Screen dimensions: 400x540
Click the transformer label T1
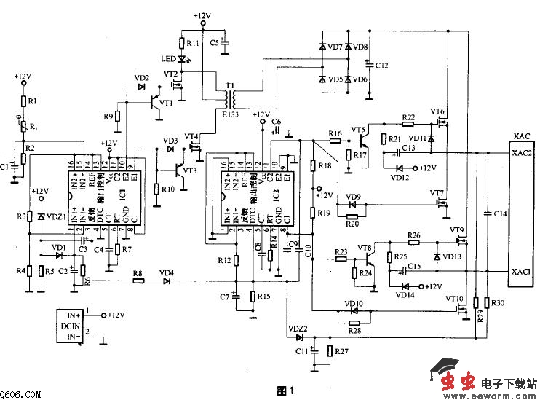(x=230, y=86)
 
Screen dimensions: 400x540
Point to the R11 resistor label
(x=193, y=44)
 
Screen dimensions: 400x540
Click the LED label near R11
(x=167, y=59)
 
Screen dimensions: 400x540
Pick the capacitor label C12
(x=382, y=66)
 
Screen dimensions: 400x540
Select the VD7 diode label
(x=335, y=47)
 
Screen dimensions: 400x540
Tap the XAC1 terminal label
(x=522, y=272)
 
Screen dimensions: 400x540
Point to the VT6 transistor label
(x=437, y=111)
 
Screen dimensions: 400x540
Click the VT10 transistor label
(x=455, y=299)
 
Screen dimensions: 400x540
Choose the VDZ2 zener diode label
(x=298, y=329)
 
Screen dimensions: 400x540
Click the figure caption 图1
(x=285, y=391)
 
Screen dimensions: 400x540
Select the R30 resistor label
(x=498, y=303)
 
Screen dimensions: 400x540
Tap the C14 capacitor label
(x=499, y=213)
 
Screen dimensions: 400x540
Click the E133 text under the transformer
(x=231, y=114)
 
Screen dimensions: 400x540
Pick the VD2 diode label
(x=141, y=78)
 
